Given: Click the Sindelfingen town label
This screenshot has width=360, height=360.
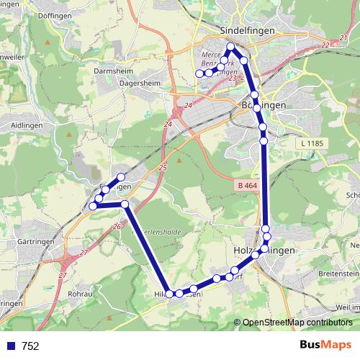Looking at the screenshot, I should (x=243, y=32).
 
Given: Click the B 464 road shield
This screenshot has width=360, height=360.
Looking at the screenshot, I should (x=246, y=186).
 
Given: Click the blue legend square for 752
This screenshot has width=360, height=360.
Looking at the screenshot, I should (x=10, y=346).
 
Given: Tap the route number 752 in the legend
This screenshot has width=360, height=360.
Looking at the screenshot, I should (x=30, y=346).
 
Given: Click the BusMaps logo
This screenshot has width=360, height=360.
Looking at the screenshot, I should (x=326, y=345).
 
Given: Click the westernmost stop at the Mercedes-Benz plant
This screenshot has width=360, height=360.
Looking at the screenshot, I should (x=199, y=73).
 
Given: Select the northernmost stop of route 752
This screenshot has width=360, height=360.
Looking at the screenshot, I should (x=231, y=48).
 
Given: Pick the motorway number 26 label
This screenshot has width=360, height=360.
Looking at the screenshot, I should (x=117, y=227).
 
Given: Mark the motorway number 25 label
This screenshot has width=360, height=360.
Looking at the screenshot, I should (x=162, y=167).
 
